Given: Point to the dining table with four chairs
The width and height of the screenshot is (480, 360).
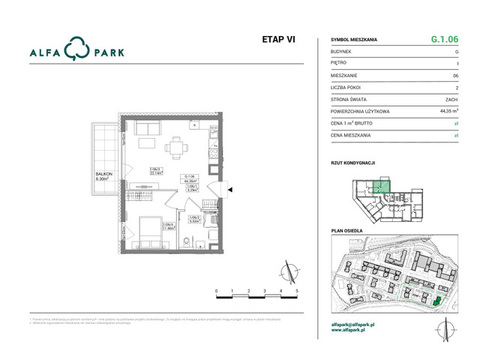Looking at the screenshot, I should [x=177, y=148].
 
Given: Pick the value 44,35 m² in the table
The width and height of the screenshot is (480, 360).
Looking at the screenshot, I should [x=447, y=110].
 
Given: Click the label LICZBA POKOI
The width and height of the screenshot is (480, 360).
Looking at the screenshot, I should [x=349, y=87].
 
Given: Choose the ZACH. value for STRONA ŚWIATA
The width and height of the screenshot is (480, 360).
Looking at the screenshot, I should [x=451, y=99].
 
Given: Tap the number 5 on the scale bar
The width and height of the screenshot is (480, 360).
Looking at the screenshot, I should [x=298, y=290].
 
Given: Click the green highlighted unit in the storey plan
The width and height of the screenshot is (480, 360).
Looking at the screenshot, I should [x=383, y=187].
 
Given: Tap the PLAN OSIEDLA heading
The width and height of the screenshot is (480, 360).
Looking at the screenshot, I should [x=347, y=230].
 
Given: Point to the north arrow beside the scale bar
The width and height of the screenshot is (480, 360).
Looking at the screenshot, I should [x=286, y=271].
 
